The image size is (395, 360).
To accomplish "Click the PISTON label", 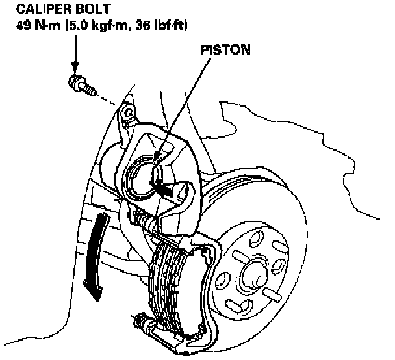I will tap(223, 49).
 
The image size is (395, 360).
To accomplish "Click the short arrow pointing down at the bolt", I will tap(75, 55).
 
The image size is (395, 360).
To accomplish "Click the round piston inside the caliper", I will tap(144, 172).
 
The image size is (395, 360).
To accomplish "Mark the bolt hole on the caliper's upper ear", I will tap(130, 113).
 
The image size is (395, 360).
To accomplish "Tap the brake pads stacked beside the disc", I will tap(172, 286).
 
